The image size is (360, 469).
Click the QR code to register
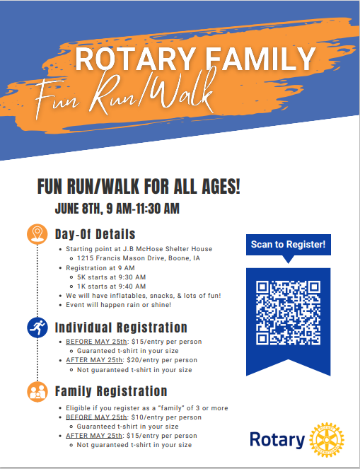point(287,312)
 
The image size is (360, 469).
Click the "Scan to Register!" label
point(288,245)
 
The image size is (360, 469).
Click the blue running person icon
point(37,328)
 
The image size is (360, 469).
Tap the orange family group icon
point(37,391)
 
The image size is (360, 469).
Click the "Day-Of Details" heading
point(95,234)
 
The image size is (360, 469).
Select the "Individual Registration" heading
point(121,328)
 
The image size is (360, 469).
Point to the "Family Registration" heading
point(111,391)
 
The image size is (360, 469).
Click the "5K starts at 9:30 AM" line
point(111,277)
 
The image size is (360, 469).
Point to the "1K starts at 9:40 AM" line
point(111,286)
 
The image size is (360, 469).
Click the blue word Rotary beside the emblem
point(277,439)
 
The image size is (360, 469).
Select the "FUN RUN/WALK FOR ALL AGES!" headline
point(139,187)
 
